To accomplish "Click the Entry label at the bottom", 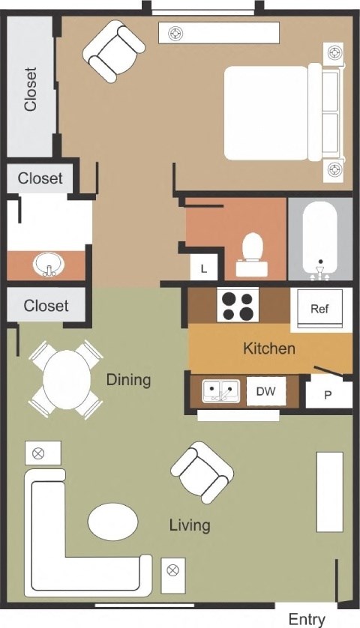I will [307, 619].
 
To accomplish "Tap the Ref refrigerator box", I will [320, 309].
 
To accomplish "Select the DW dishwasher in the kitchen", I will [265, 391].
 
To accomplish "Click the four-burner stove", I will [237, 304].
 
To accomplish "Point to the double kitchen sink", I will [221, 391].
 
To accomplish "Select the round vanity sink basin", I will [49, 264].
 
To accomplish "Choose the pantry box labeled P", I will [328, 394].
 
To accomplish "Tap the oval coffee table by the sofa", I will [112, 521].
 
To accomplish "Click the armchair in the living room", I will [201, 471].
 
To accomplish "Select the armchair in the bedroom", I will [113, 50].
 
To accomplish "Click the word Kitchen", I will [268, 348].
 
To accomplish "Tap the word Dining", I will [128, 380].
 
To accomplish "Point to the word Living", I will [189, 525].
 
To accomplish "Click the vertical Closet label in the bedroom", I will [30, 89].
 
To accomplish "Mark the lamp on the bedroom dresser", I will [175, 32].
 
